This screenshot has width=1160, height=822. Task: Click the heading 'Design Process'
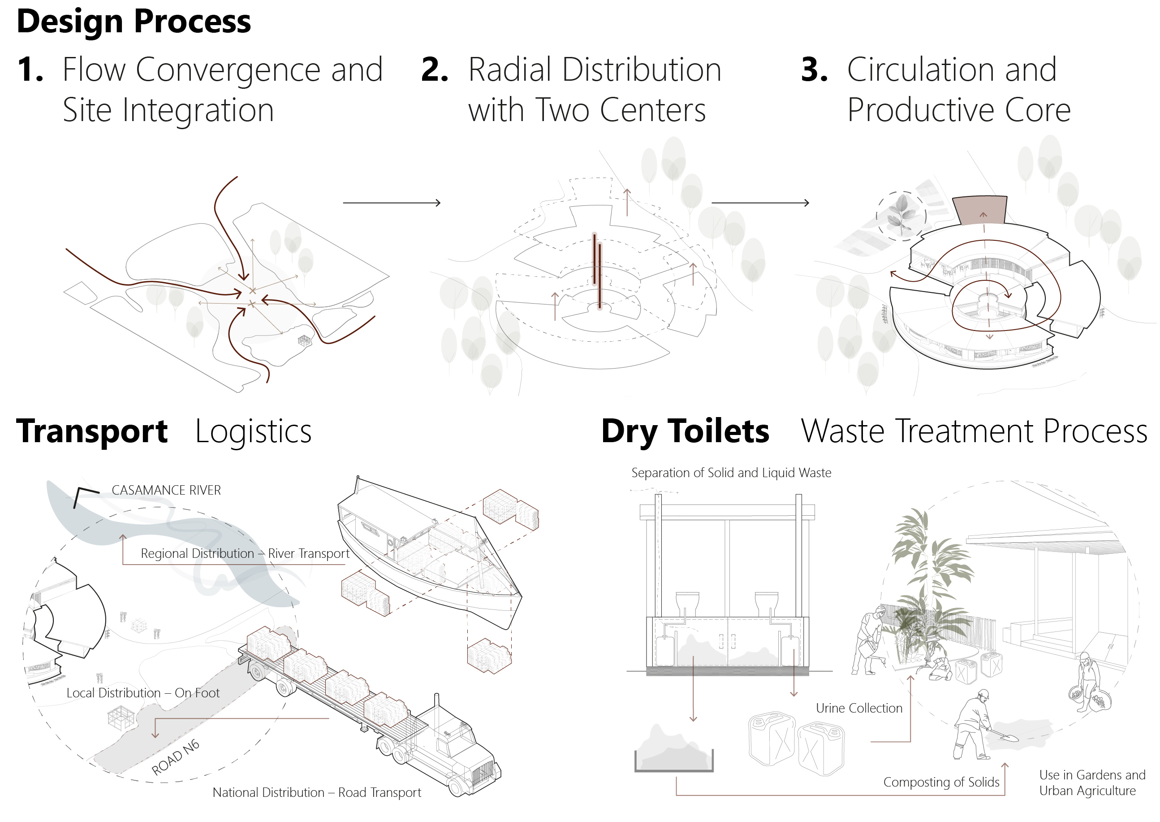click(134, 22)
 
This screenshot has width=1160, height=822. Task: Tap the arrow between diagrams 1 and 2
click(392, 203)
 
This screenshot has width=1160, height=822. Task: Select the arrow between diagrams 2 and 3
click(760, 203)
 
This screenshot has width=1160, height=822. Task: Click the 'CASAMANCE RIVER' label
click(166, 491)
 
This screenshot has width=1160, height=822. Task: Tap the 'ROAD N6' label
click(176, 758)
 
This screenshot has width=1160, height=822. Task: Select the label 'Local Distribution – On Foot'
click(143, 693)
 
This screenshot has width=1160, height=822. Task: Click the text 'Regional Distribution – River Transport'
click(245, 554)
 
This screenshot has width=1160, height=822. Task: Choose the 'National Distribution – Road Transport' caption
click(317, 793)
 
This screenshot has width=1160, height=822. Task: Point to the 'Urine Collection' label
click(859, 708)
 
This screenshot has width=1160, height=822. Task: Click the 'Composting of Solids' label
click(941, 783)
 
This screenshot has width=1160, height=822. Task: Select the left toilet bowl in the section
click(688, 603)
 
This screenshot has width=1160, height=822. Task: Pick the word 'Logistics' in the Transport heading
click(253, 432)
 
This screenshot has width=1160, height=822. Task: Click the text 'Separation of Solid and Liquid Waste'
click(731, 473)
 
